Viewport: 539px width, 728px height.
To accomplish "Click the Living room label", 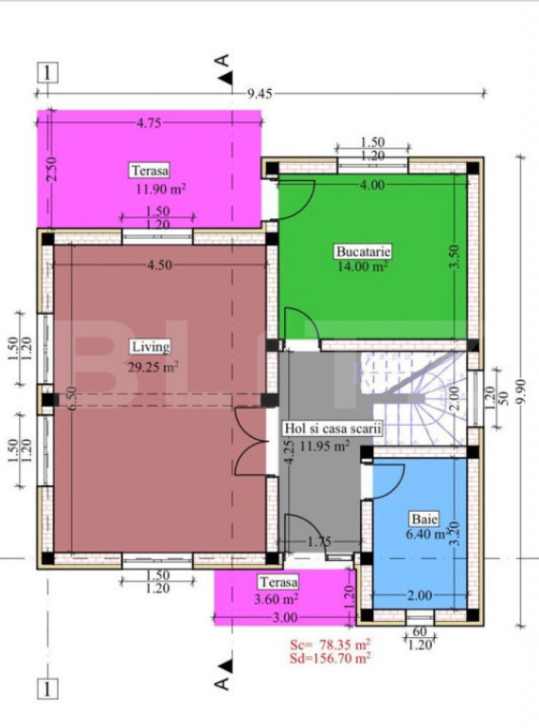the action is [151, 347].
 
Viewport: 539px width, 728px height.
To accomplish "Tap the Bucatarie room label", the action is [363, 251].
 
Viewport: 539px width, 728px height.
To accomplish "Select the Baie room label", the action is [423, 519].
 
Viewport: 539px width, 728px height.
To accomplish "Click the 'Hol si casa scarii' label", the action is [332, 428].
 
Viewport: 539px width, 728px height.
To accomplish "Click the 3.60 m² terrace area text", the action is [276, 599].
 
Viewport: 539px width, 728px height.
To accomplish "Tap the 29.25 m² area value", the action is [153, 367].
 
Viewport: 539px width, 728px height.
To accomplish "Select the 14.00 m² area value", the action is [363, 267].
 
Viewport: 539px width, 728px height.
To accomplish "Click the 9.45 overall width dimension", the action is [260, 94].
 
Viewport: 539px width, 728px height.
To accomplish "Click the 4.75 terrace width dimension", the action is [149, 123].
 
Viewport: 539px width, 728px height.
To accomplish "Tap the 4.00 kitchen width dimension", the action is [372, 185].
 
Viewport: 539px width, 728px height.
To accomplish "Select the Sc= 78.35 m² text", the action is [330, 645].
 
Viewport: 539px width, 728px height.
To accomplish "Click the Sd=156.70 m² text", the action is [330, 658].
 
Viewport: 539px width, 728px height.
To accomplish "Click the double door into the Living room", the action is [251, 441].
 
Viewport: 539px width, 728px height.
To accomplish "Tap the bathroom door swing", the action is [388, 480].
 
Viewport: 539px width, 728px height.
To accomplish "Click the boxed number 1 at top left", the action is [47, 73].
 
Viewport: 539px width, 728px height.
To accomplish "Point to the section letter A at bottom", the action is [223, 682].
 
